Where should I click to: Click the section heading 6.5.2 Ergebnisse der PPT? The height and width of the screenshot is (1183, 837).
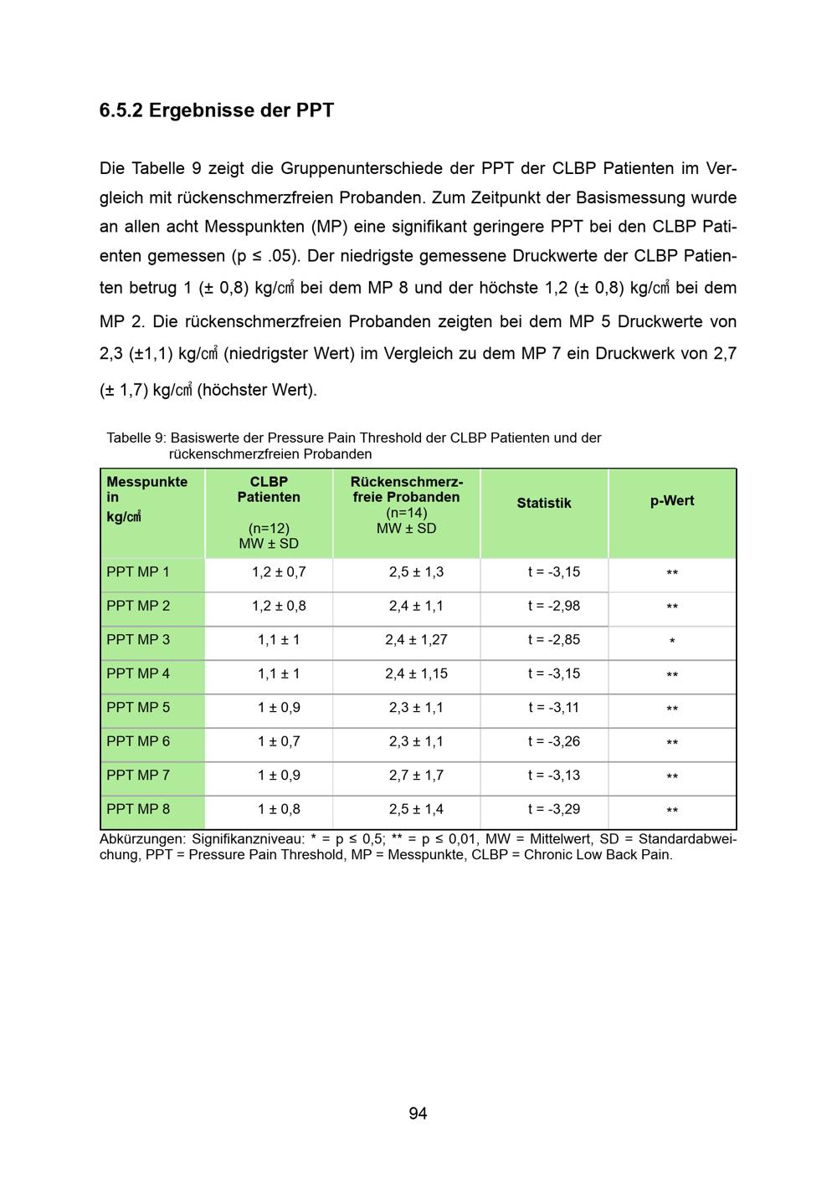tap(216, 110)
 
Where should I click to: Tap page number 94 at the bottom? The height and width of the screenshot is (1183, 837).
tap(418, 1113)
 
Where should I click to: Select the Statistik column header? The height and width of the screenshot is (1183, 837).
tap(543, 503)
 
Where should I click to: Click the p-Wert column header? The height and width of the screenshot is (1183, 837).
tap(672, 501)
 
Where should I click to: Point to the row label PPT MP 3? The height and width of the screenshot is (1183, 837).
tap(138, 640)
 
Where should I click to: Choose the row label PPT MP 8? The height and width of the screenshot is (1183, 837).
tap(138, 809)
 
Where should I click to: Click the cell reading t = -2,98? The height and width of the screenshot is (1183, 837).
tap(553, 606)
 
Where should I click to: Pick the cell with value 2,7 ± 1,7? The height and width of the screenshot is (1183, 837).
tap(416, 776)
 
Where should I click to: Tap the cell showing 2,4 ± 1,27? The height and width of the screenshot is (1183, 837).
tap(416, 640)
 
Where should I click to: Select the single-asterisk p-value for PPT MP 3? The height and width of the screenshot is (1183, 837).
tap(672, 642)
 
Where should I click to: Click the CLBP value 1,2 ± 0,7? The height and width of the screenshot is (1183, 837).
tap(279, 572)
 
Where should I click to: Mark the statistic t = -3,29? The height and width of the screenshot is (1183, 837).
tap(553, 809)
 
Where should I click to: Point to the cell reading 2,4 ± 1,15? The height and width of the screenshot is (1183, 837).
tap(416, 673)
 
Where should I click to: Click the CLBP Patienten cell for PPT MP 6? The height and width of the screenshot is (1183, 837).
tap(279, 741)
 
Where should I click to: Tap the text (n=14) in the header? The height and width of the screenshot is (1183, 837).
tap(406, 513)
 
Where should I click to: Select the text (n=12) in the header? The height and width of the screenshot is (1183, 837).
tap(269, 529)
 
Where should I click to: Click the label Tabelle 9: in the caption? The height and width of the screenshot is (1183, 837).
tap(136, 438)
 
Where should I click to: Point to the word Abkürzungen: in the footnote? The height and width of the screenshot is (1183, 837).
tap(142, 839)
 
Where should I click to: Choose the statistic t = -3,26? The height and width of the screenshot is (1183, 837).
tap(553, 741)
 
